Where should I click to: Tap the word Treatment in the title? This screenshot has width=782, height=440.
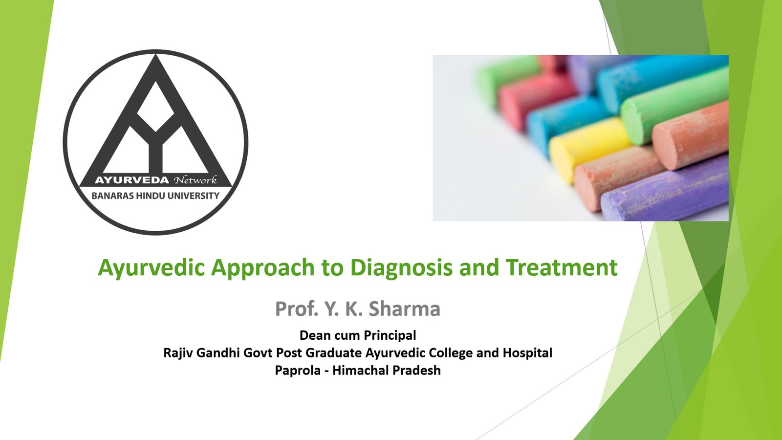tap(562, 268)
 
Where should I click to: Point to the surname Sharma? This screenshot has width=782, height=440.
tap(404, 309)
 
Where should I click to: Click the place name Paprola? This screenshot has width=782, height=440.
tap(297, 371)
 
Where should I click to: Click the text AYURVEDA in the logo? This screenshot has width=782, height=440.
tap(132, 180)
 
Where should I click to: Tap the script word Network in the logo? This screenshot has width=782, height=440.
tap(195, 180)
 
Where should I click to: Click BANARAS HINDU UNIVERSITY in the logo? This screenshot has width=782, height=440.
tap(155, 196)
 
